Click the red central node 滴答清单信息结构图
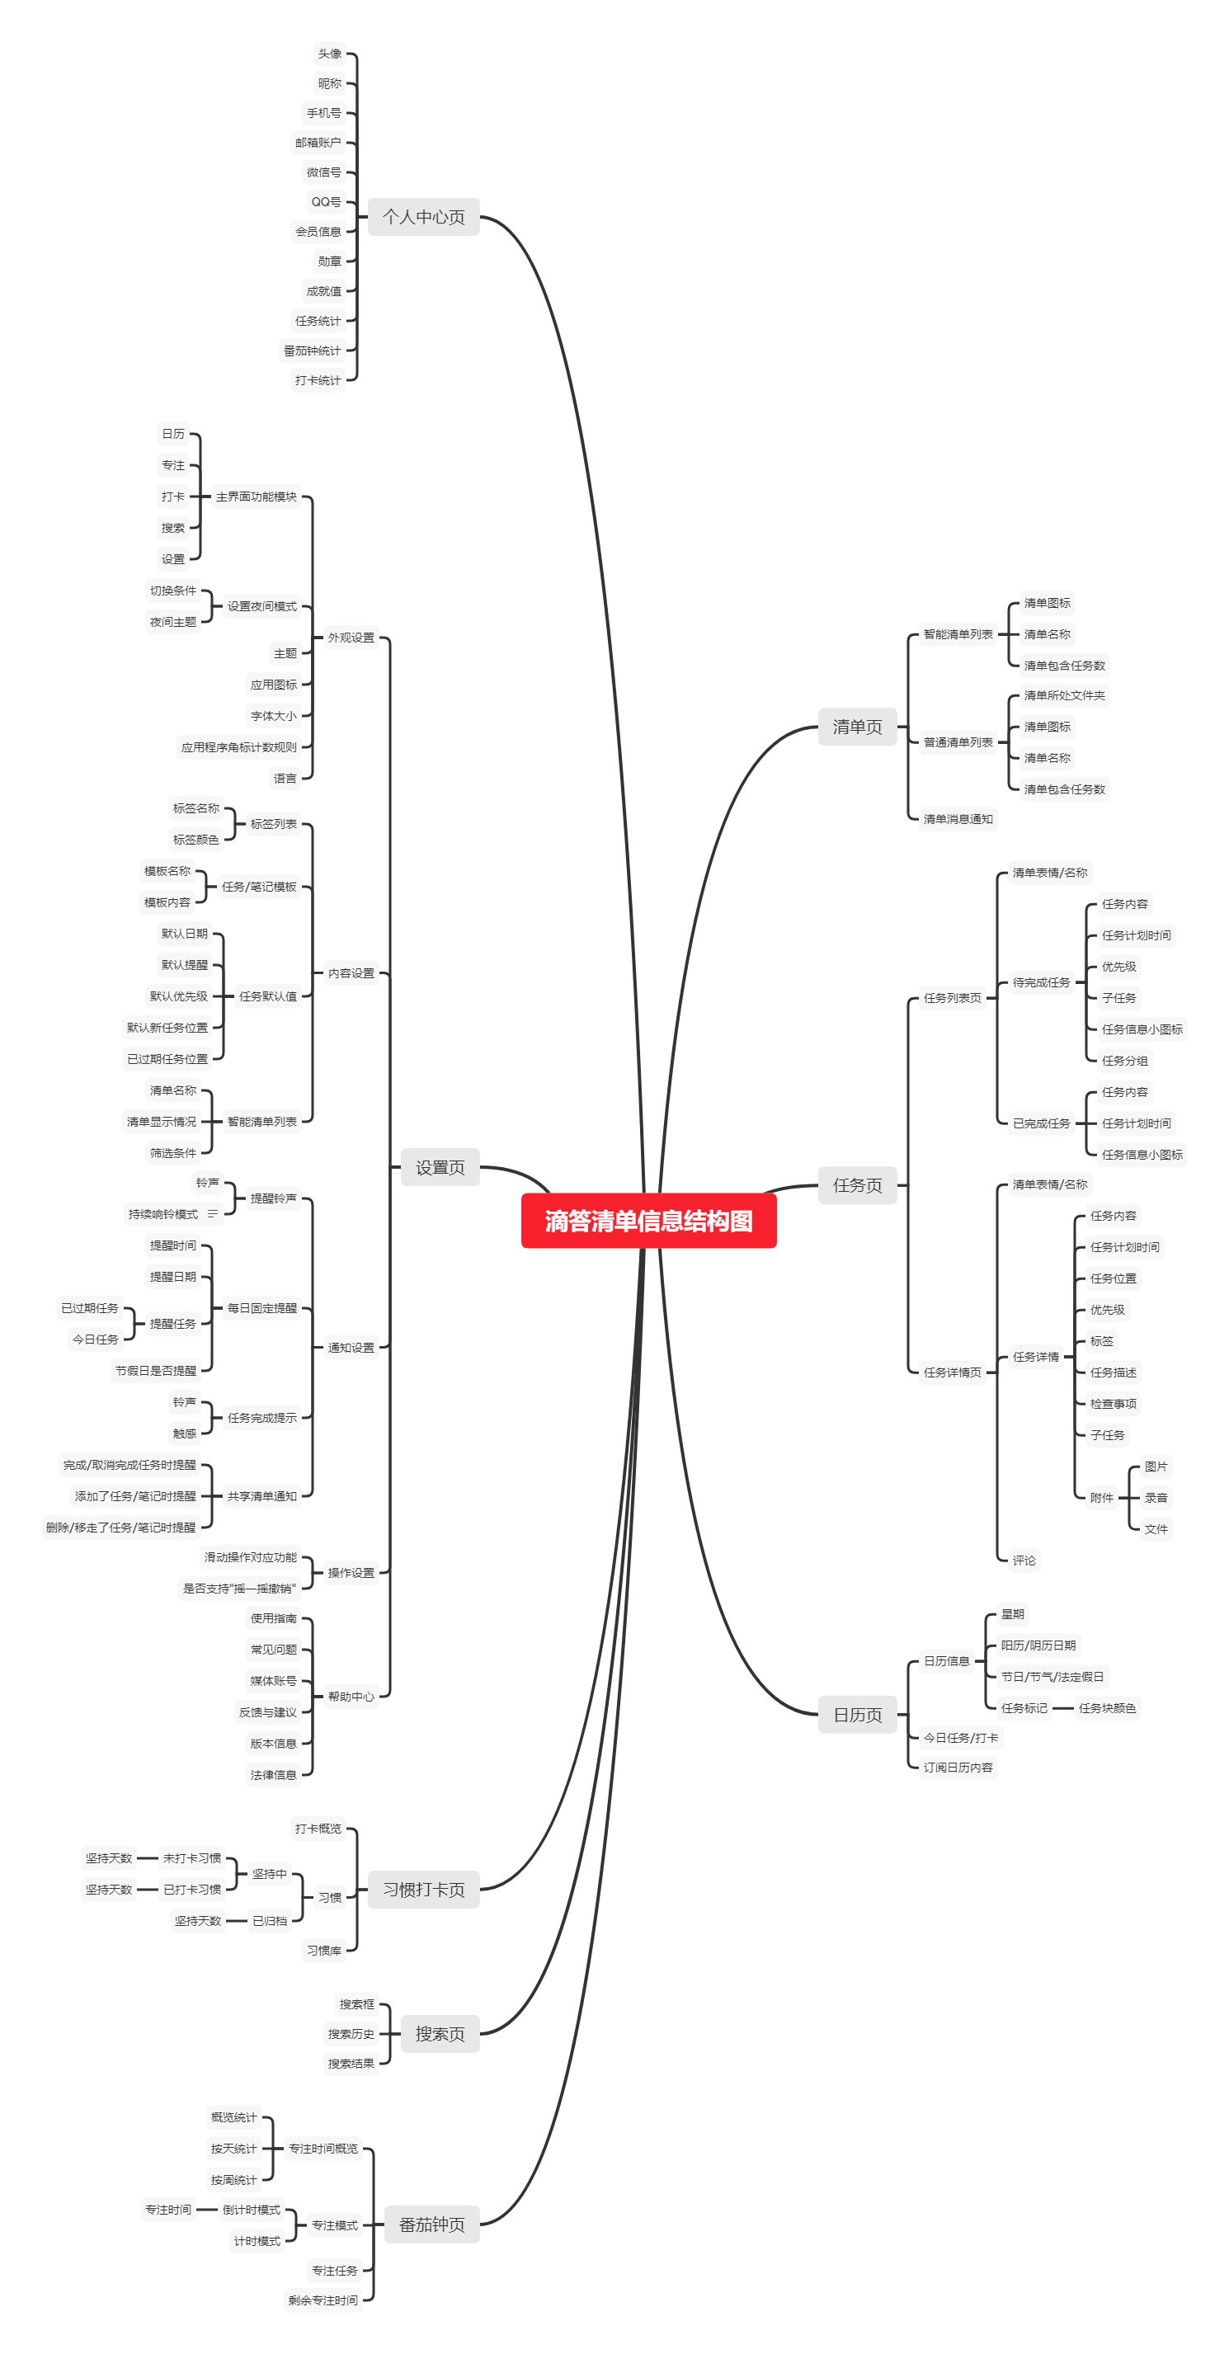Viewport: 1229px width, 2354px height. click(x=647, y=1221)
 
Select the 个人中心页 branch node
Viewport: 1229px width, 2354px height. click(x=423, y=218)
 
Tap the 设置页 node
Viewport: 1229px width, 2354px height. click(x=440, y=1168)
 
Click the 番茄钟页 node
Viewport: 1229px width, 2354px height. click(x=431, y=2225)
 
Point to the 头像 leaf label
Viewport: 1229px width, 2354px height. click(x=329, y=54)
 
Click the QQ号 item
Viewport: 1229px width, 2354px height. click(x=326, y=202)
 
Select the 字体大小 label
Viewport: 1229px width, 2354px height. click(x=273, y=717)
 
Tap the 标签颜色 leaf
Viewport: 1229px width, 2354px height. click(x=195, y=840)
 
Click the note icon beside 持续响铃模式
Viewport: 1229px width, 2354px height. click(x=213, y=1214)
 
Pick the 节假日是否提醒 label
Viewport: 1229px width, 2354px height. click(x=155, y=1371)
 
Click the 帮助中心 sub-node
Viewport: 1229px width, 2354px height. click(x=351, y=1697)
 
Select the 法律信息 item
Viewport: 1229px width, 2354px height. click(x=273, y=1775)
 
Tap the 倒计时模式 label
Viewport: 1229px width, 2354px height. click(x=252, y=2210)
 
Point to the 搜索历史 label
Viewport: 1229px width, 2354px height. click(x=351, y=2034)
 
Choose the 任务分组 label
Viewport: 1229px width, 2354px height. click(x=1124, y=1061)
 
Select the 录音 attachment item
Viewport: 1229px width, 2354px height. click(x=1156, y=1498)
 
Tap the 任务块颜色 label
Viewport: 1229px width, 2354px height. click(x=1107, y=1708)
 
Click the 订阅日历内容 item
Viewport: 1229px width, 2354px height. click(x=958, y=1768)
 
